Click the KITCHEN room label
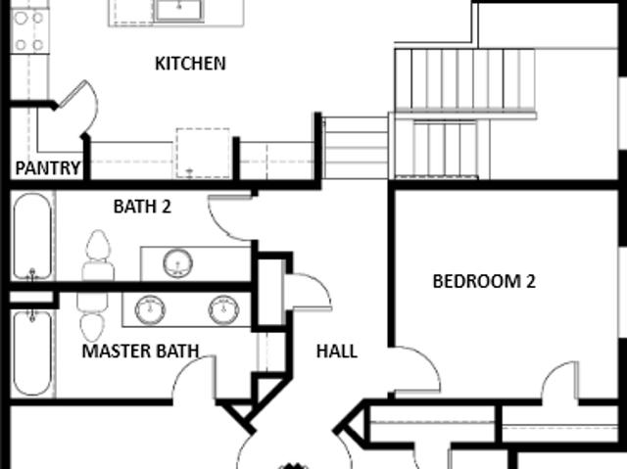click(x=190, y=64)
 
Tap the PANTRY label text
click(x=48, y=168)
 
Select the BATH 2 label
click(x=142, y=207)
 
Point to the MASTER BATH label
click(x=140, y=352)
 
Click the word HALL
click(x=337, y=352)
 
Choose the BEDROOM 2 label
click(x=484, y=281)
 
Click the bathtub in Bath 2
click(x=32, y=237)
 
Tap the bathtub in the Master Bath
click(x=32, y=353)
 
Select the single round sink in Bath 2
click(x=178, y=263)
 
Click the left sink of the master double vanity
click(x=150, y=309)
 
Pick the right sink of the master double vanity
click(x=224, y=309)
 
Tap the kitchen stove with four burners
click(x=29, y=31)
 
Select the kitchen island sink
click(x=178, y=10)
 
